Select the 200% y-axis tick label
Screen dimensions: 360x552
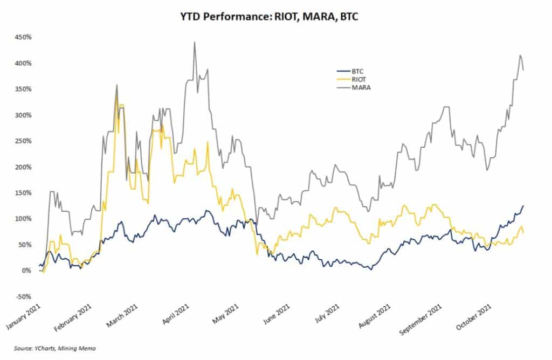(24, 167)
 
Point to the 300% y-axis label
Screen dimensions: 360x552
(24, 115)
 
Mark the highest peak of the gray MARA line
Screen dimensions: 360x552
(195, 42)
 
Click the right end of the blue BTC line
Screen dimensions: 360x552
(523, 205)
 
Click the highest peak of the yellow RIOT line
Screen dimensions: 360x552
(121, 105)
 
